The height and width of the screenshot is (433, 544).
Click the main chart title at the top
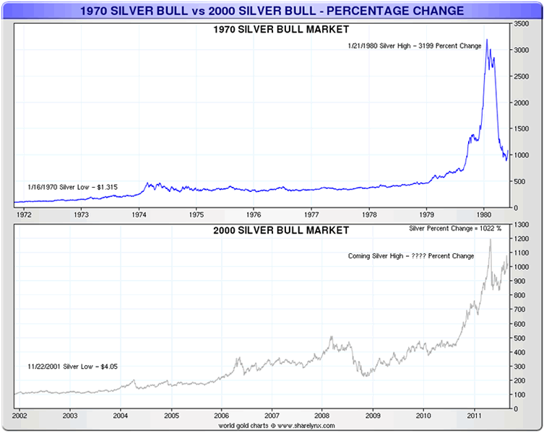(x=272, y=11)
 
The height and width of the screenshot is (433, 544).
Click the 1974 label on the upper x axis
(x=139, y=214)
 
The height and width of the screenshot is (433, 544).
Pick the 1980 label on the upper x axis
(x=484, y=214)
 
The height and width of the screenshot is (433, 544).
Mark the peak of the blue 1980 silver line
(x=487, y=40)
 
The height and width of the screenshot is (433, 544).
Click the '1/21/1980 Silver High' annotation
(x=415, y=45)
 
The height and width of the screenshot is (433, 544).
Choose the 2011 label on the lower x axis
(x=474, y=416)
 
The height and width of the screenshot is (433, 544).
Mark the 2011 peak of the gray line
(x=491, y=240)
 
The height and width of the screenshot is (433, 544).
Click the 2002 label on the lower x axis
(x=20, y=416)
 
